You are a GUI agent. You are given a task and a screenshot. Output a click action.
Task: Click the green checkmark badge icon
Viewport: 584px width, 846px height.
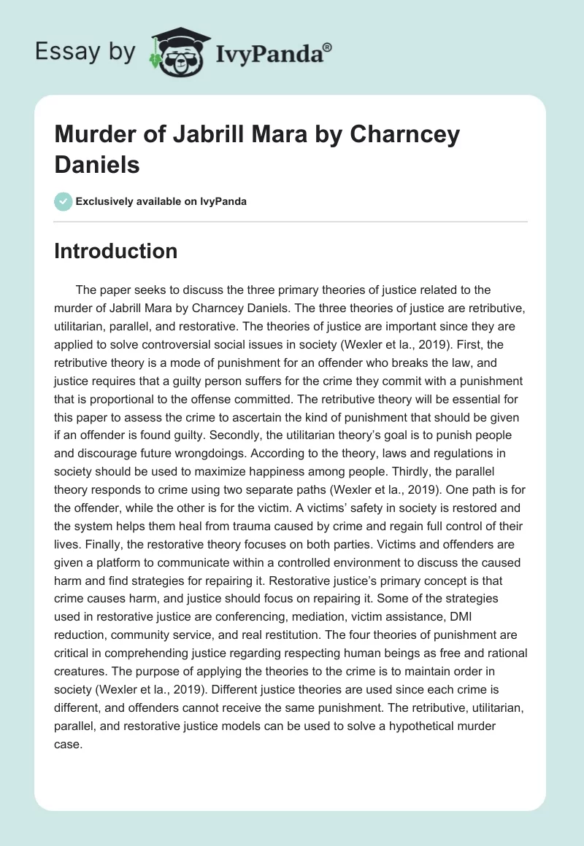(64, 201)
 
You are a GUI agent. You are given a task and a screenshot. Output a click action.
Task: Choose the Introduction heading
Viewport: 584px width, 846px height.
(116, 252)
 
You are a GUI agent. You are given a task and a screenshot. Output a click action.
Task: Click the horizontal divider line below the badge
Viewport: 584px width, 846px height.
(291, 221)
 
